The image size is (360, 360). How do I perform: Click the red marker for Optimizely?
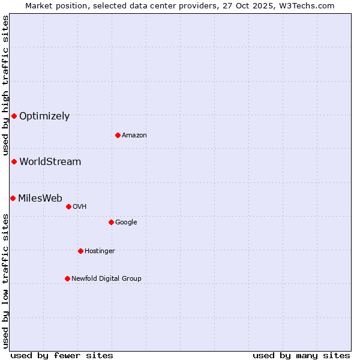click(x=14, y=116)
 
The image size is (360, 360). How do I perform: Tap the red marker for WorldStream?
click(x=14, y=161)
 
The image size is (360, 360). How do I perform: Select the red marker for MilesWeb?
click(x=13, y=198)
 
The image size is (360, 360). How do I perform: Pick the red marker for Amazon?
click(x=118, y=135)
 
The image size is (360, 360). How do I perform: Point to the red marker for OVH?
click(x=68, y=206)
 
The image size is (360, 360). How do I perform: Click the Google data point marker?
click(x=111, y=222)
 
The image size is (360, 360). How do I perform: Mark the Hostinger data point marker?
click(x=80, y=251)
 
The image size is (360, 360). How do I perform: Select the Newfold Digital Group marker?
click(x=67, y=278)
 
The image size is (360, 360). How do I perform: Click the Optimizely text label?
click(x=44, y=116)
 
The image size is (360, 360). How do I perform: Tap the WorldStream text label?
click(x=50, y=162)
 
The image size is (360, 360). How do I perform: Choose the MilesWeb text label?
click(x=40, y=199)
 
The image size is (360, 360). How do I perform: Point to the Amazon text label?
click(x=134, y=136)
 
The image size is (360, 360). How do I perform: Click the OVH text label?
click(x=80, y=207)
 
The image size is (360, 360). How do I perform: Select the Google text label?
click(x=126, y=223)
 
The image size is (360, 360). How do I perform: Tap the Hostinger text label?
click(x=100, y=251)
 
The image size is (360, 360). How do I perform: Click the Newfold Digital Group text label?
click(x=106, y=279)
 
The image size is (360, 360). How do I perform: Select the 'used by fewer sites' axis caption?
click(x=62, y=355)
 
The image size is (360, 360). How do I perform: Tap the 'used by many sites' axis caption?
click(x=301, y=355)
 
